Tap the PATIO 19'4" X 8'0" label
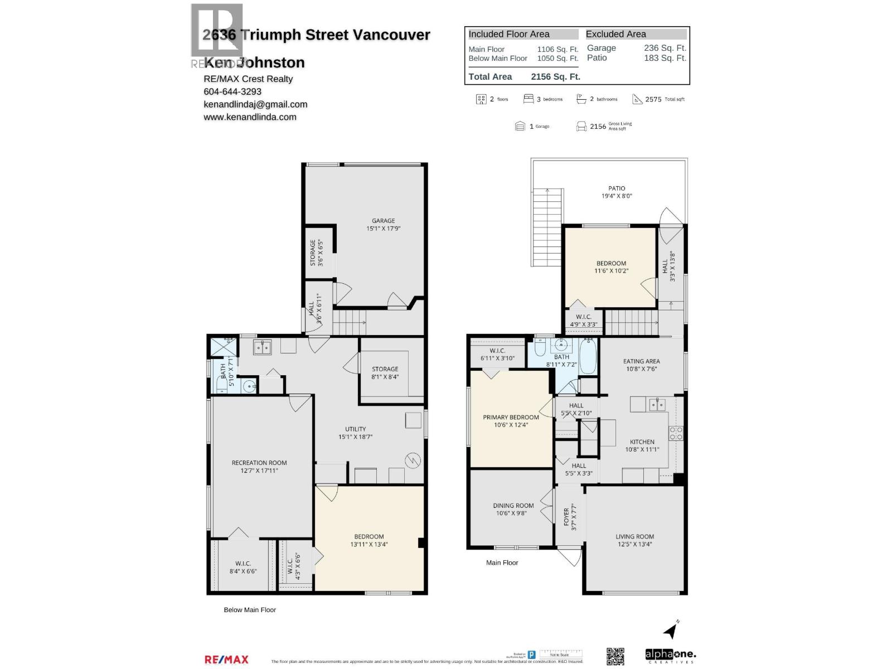617,192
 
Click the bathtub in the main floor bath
588,356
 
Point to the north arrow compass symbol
671,630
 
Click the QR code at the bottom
615,656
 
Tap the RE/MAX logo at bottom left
226,660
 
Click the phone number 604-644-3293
232,91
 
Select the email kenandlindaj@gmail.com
255,104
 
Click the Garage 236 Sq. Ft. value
665,48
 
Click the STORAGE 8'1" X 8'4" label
385,372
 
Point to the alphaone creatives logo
670,656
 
